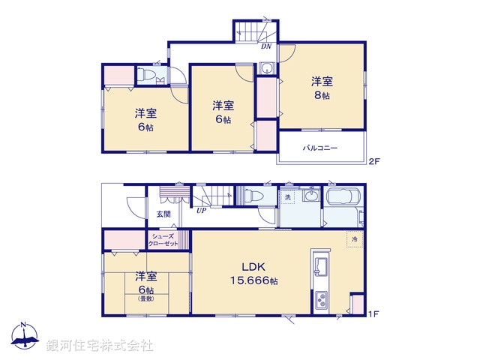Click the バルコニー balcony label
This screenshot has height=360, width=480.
pyautogui.click(x=320, y=148)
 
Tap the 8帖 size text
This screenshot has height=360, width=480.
pyautogui.click(x=322, y=95)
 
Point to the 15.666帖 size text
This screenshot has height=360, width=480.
pyautogui.click(x=253, y=280)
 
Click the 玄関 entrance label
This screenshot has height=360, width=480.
pyautogui.click(x=163, y=214)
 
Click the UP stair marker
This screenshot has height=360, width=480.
pyautogui.click(x=201, y=211)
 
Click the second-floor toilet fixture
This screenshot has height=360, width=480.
pyautogui.click(x=148, y=76)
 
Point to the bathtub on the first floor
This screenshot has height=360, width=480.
pyautogui.click(x=343, y=199)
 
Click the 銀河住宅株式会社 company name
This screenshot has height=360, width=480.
pyautogui.click(x=100, y=345)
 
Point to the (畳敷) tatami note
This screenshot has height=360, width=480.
pyautogui.click(x=145, y=298)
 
